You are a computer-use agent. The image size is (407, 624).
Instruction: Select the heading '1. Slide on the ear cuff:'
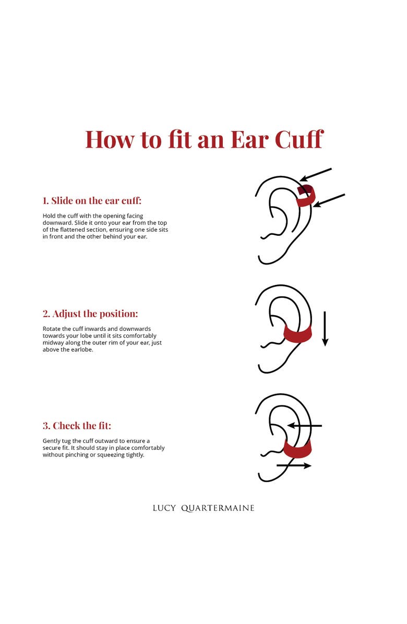tap(92, 200)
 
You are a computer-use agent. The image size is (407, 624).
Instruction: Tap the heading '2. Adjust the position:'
tap(90, 314)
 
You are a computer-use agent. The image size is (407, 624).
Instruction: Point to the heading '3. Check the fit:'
tap(77, 426)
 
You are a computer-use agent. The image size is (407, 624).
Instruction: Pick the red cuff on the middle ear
tap(297, 334)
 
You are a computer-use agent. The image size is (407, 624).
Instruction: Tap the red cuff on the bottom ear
tap(297, 448)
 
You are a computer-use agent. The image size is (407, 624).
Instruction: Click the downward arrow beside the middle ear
tap(325, 329)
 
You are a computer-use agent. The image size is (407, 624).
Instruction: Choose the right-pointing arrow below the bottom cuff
tap(294, 465)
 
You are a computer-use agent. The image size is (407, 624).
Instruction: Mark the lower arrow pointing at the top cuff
tap(329, 200)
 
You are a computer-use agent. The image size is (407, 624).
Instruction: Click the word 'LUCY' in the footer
tap(164, 508)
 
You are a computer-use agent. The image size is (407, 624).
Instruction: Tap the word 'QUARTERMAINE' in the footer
tap(218, 508)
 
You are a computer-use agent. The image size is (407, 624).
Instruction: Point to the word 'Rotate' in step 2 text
tap(52, 329)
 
